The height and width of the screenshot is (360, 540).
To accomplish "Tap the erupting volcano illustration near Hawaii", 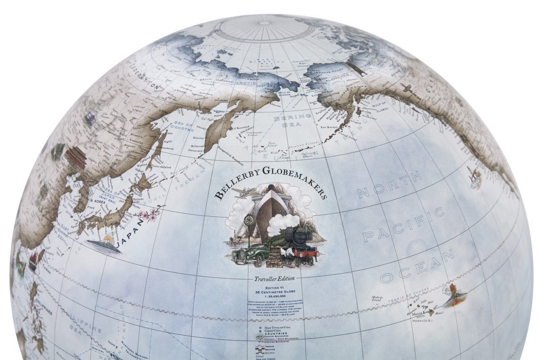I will pos(454,295).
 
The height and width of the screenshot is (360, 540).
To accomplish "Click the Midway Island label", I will pos(379,299).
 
